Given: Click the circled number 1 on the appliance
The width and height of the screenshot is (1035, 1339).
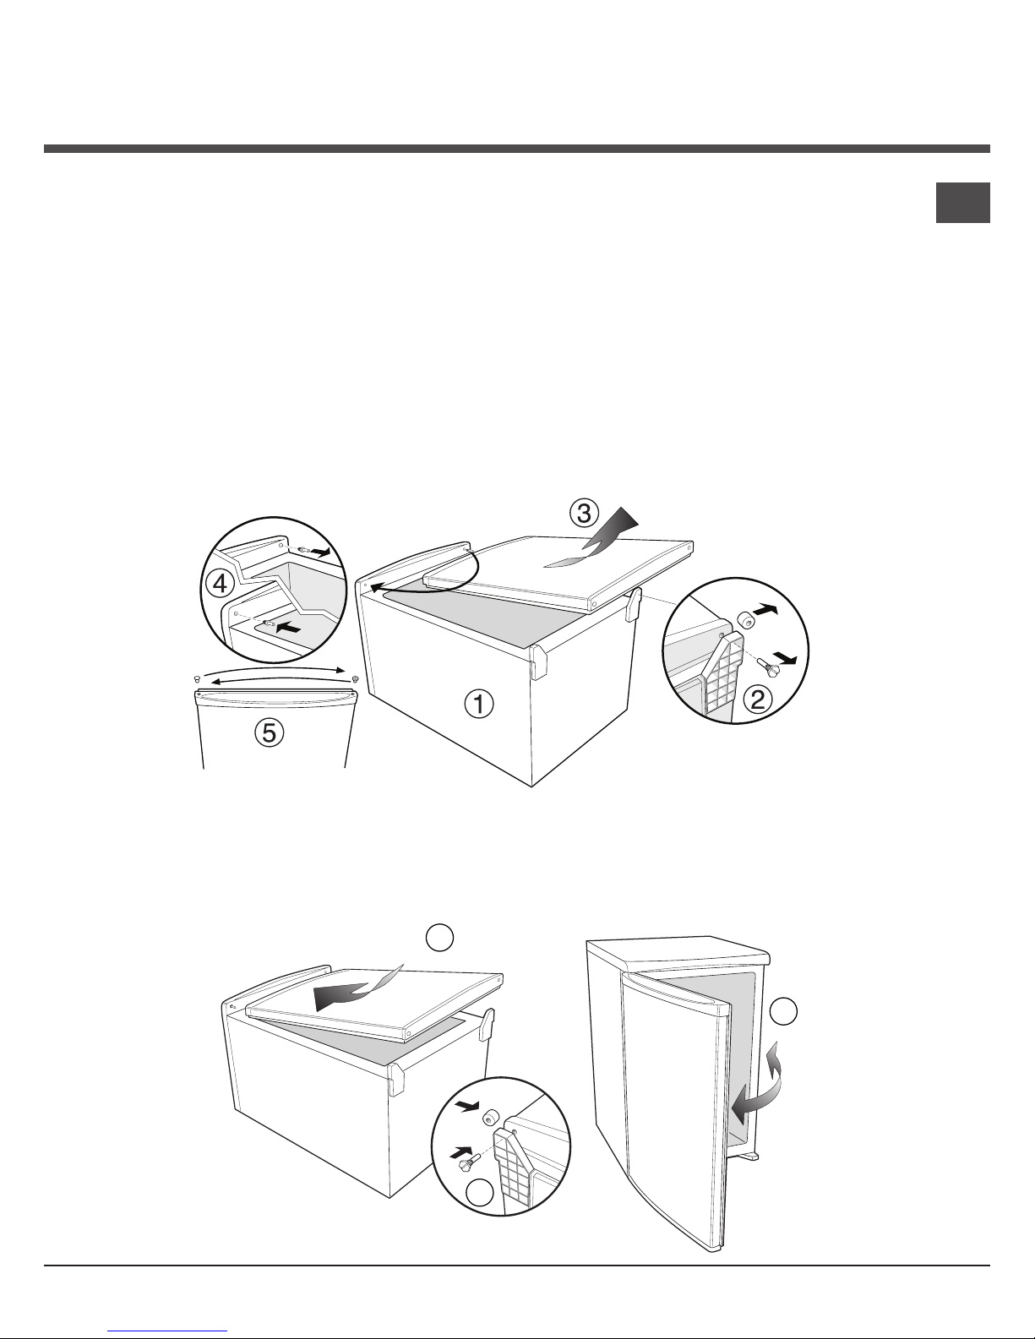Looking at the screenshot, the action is point(479,705).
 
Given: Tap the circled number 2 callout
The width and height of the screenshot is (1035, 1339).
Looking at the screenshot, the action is point(759,699).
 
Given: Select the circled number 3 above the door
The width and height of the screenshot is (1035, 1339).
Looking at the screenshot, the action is point(583,514).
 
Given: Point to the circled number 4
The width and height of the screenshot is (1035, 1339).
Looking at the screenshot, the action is point(220,583).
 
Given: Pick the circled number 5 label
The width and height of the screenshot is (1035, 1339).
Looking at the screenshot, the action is point(270,732).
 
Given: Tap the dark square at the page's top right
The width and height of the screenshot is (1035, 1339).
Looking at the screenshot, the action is point(963,203).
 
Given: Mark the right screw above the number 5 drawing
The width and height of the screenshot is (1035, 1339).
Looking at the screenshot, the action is point(356,678).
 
